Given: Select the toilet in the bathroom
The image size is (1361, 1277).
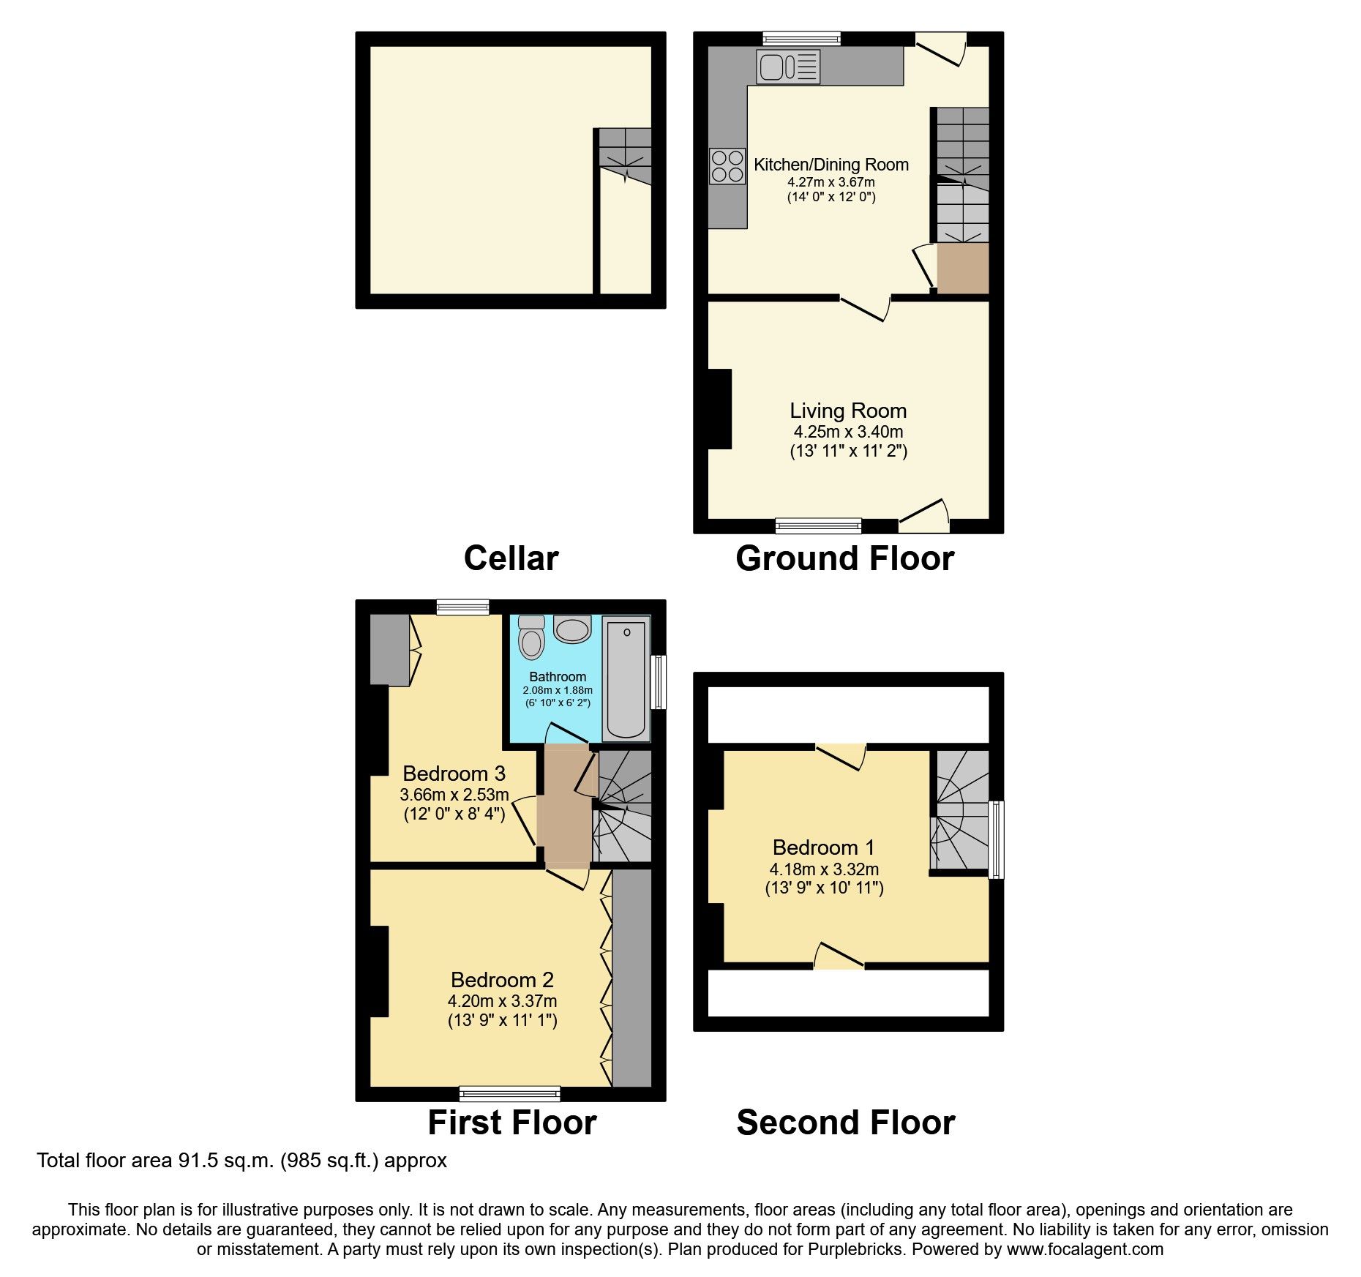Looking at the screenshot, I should (531, 638).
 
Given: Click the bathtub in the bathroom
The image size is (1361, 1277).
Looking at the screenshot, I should (626, 678).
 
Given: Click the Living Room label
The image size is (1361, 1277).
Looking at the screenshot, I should (848, 411).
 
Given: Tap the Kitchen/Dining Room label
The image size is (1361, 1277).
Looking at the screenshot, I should (831, 165).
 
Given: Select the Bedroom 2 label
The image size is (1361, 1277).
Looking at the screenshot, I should (502, 979).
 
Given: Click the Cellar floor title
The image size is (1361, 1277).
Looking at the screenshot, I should (511, 558).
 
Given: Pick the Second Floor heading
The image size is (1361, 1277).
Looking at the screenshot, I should (845, 1123).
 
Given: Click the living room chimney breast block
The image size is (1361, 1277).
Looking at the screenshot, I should (719, 408).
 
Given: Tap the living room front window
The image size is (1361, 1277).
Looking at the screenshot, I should (818, 524).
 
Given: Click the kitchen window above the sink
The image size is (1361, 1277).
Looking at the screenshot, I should (801, 38).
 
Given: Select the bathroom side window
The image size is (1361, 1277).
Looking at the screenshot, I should (659, 682).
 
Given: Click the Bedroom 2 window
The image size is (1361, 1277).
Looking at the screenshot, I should (509, 1093).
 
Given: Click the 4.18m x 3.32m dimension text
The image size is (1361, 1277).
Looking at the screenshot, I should (824, 869).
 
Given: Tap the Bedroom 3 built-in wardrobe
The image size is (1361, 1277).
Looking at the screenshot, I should (389, 649).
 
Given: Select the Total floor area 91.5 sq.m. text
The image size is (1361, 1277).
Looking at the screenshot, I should (241, 1161).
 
